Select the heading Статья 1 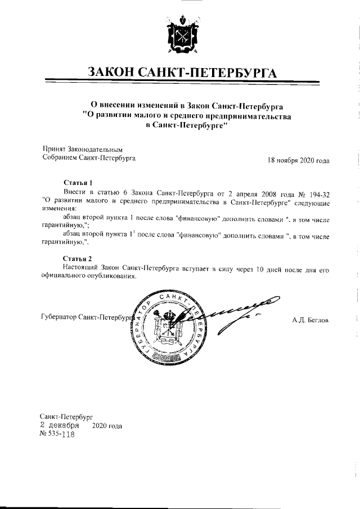(77, 183)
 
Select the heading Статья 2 (77, 258)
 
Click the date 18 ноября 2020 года (298, 160)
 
